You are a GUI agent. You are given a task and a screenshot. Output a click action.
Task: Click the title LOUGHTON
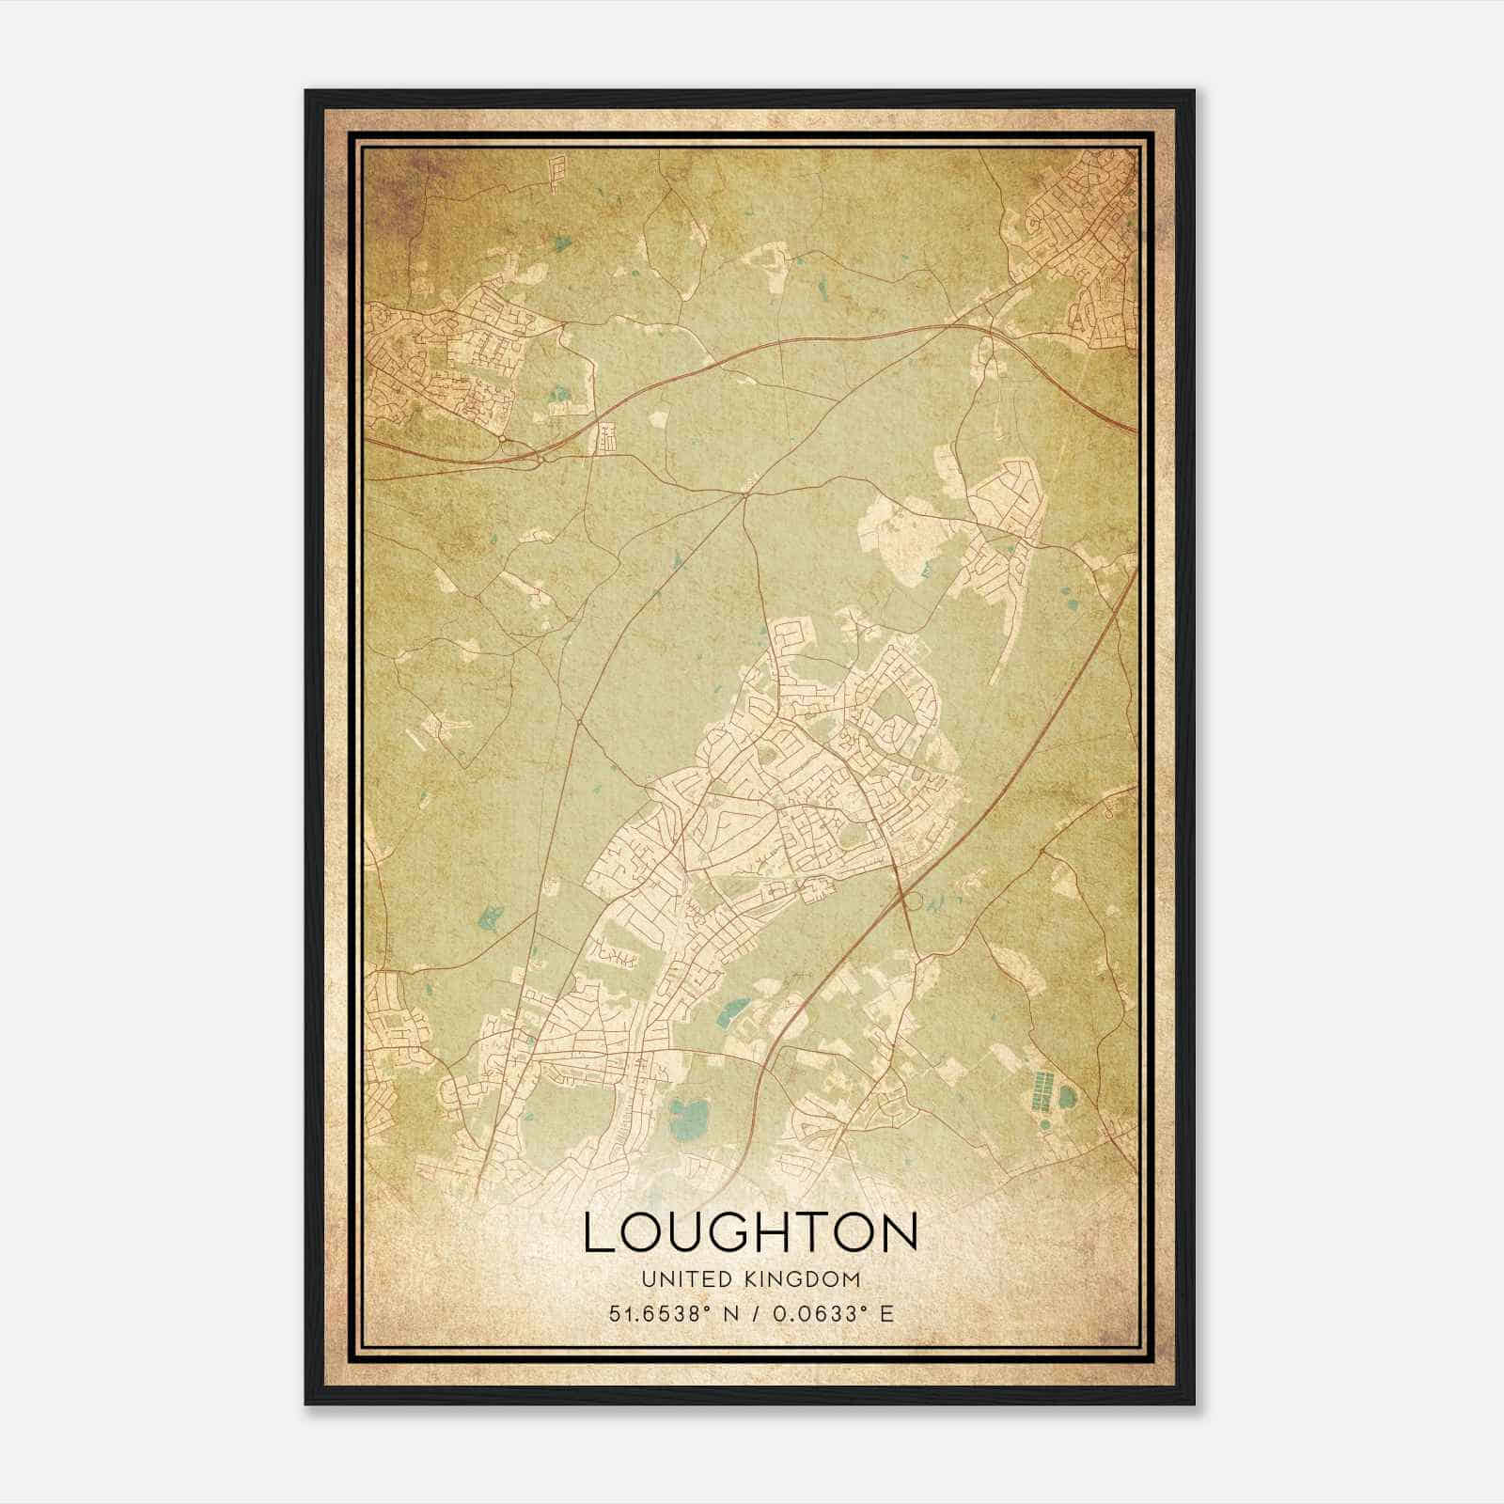click(750, 1232)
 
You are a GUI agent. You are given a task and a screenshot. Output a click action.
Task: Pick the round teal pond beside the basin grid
click(1068, 1096)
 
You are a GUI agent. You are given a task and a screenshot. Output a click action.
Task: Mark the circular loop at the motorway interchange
click(909, 901)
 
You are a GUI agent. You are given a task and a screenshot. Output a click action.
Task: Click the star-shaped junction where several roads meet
click(745, 491)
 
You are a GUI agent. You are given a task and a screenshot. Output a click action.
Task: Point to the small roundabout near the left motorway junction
click(504, 439)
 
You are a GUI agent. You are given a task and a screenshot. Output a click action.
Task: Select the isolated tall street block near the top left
click(557, 175)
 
